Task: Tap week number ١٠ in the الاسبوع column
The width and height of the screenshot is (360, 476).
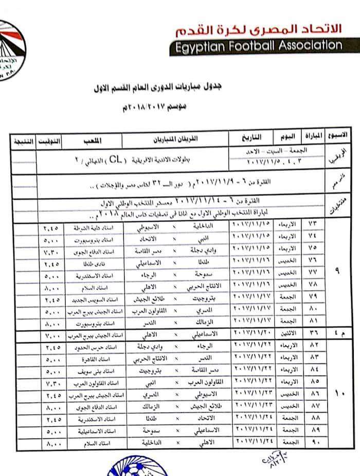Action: click(337, 394)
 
